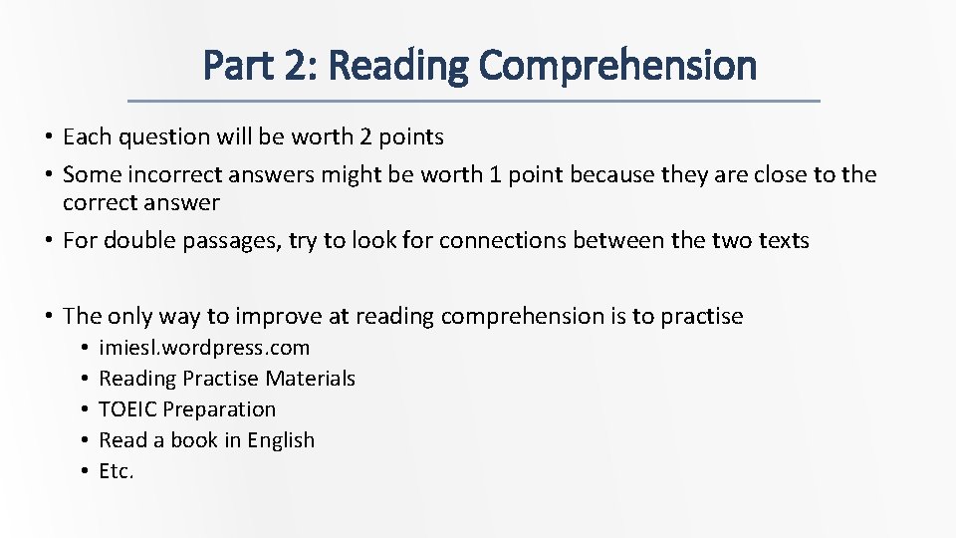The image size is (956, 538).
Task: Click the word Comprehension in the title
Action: pyautogui.click(x=617, y=66)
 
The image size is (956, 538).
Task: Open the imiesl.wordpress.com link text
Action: pyautogui.click(x=204, y=348)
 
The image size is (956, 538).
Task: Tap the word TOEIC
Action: pyautogui.click(x=127, y=409)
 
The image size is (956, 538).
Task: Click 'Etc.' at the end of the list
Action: pyautogui.click(x=116, y=471)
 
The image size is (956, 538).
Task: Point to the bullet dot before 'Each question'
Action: pyautogui.click(x=48, y=136)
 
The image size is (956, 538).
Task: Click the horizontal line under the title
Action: pyautogui.click(x=476, y=101)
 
